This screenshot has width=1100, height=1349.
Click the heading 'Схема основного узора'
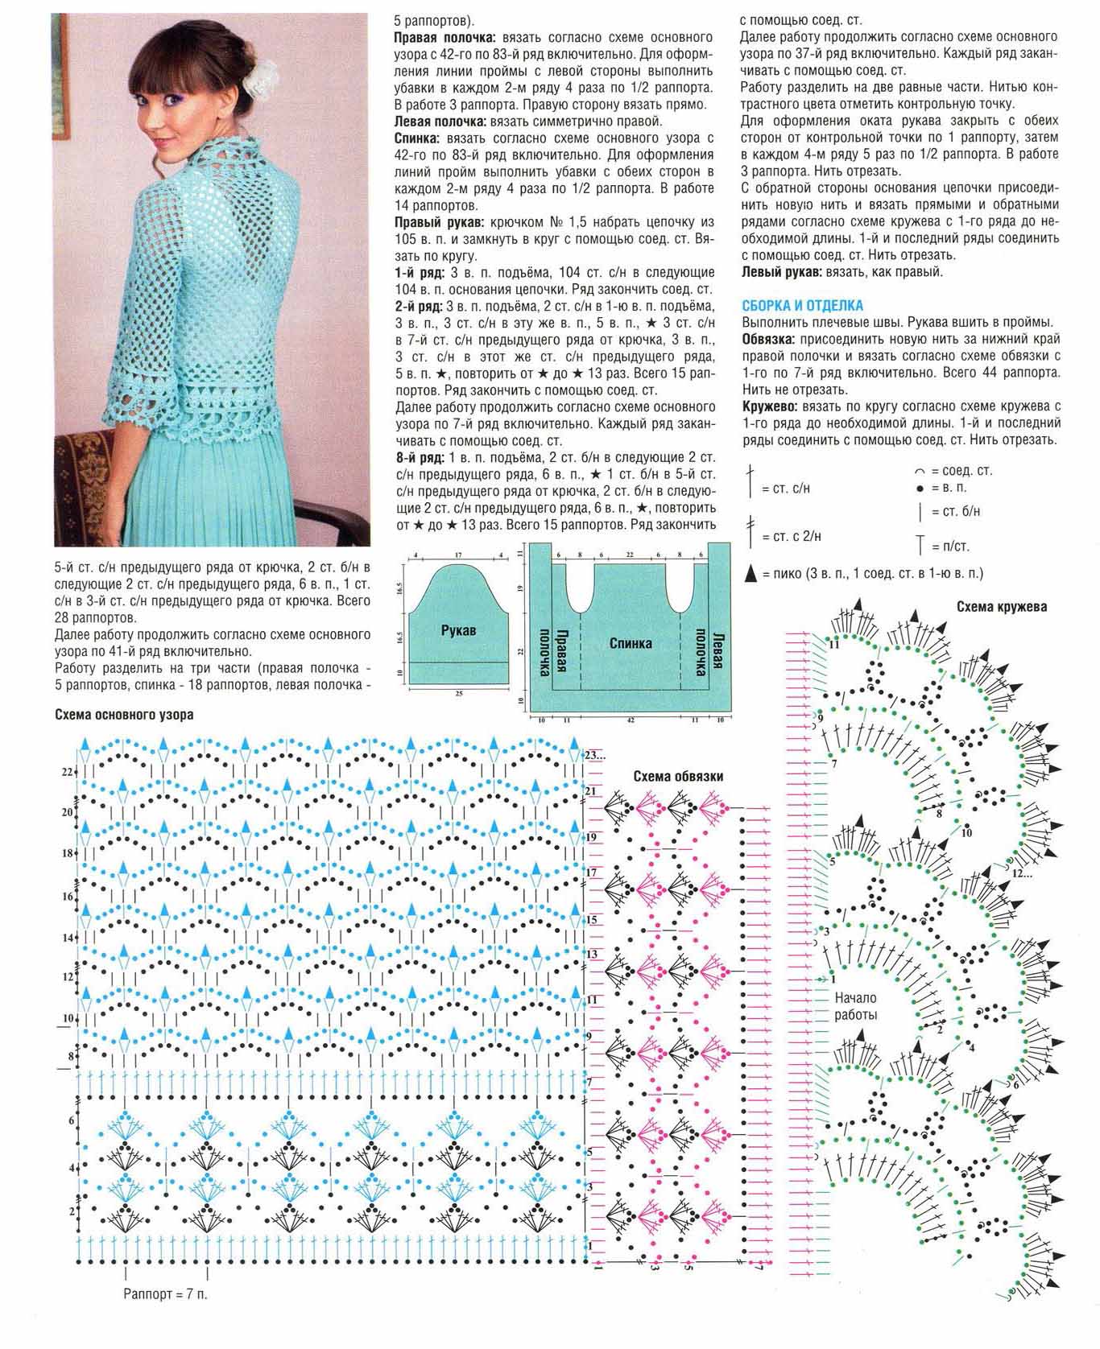pos(124,715)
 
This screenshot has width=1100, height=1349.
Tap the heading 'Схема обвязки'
pos(677,777)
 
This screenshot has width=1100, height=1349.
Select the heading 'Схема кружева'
pos(1002,607)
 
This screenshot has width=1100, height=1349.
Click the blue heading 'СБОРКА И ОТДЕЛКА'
pos(802,306)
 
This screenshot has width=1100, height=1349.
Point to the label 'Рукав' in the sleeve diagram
pos(458,630)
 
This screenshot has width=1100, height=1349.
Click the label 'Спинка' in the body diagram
pos(631,643)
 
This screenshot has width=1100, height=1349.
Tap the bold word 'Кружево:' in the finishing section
pos(770,406)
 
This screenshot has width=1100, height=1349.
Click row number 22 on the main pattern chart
pos(67,773)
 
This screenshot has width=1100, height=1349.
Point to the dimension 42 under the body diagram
pos(630,718)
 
